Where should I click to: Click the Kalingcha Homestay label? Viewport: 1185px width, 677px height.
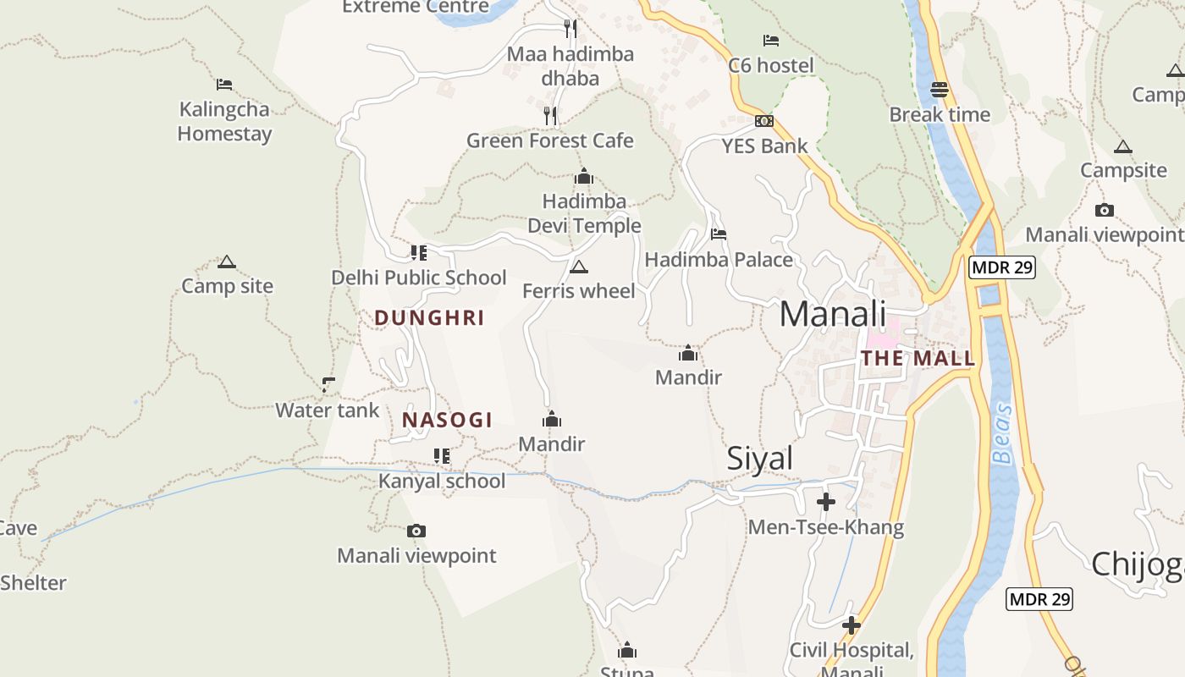(x=224, y=121)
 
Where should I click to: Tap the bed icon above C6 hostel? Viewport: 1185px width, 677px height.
(x=770, y=40)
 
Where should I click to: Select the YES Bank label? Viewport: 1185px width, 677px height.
(x=765, y=146)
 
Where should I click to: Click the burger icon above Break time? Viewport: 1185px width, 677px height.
(x=940, y=89)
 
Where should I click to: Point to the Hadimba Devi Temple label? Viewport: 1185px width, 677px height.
(x=584, y=213)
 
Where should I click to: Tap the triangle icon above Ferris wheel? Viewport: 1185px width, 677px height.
(x=579, y=267)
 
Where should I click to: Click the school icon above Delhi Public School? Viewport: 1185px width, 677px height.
(x=419, y=252)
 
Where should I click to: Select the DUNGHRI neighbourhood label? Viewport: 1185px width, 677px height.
(x=429, y=318)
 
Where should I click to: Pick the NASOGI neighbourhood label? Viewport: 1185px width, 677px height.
(x=447, y=420)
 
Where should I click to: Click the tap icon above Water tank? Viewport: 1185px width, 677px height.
(x=328, y=385)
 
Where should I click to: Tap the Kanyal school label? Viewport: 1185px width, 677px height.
(x=442, y=481)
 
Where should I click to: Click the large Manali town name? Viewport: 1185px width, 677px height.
(x=832, y=314)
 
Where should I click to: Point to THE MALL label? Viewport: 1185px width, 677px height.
(x=918, y=358)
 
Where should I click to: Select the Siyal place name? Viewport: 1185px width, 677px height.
(x=760, y=458)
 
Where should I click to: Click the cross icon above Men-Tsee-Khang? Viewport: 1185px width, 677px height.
(x=826, y=502)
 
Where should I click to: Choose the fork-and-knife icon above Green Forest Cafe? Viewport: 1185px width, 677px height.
(x=550, y=115)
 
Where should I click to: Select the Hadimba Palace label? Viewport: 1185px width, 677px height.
(x=719, y=259)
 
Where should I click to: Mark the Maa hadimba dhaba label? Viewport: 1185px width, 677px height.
(x=570, y=66)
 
